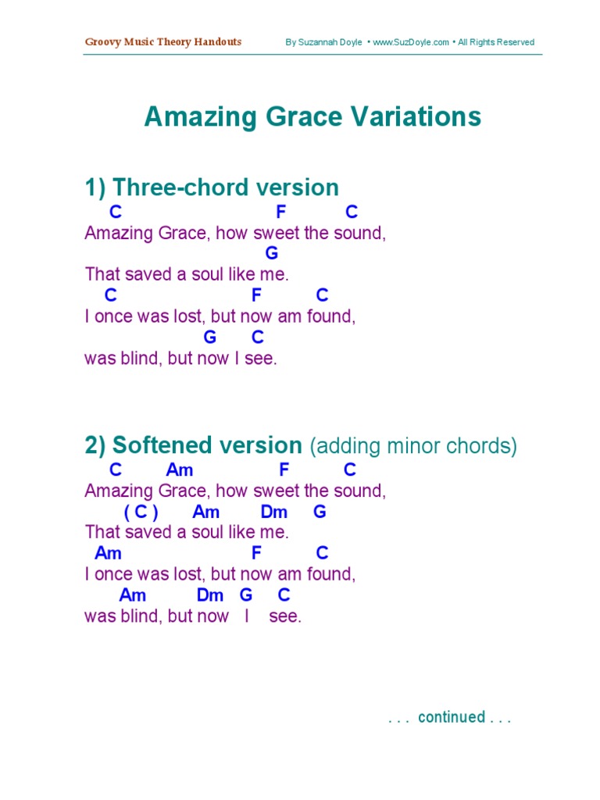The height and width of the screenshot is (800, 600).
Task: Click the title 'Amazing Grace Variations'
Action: click(312, 117)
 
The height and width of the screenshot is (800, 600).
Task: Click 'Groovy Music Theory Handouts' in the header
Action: click(163, 42)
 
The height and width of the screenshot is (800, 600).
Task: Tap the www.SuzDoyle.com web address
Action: click(411, 42)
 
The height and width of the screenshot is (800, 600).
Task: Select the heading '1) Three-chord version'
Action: click(212, 187)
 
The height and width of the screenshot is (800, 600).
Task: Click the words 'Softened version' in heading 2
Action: click(207, 445)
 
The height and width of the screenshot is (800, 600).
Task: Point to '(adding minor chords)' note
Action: click(413, 446)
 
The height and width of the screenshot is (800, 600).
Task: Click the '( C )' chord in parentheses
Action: click(141, 512)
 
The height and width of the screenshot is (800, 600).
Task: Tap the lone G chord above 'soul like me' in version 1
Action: click(272, 253)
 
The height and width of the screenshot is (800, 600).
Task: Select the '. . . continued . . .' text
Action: click(449, 717)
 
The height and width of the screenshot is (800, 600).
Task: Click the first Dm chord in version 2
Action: click(274, 512)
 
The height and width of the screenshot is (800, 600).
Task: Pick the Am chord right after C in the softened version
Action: click(179, 470)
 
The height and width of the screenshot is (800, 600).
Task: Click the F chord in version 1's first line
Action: click(281, 212)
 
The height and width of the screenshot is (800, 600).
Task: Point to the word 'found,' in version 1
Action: click(334, 317)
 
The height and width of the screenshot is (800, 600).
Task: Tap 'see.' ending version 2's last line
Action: click(284, 616)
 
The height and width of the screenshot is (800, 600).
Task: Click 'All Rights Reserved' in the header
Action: click(496, 42)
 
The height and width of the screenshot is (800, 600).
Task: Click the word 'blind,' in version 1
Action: click(140, 359)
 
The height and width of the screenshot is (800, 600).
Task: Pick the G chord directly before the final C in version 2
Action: click(246, 595)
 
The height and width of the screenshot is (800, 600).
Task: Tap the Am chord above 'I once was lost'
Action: click(108, 553)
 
